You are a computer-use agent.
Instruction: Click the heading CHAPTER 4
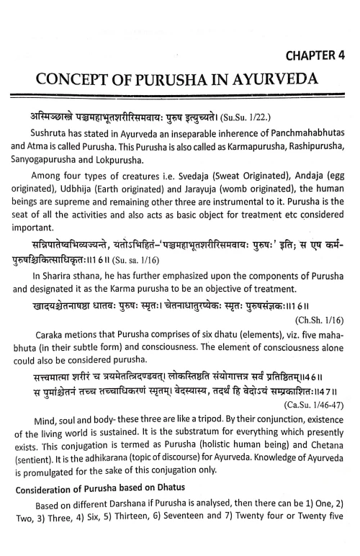coord(311,56)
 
